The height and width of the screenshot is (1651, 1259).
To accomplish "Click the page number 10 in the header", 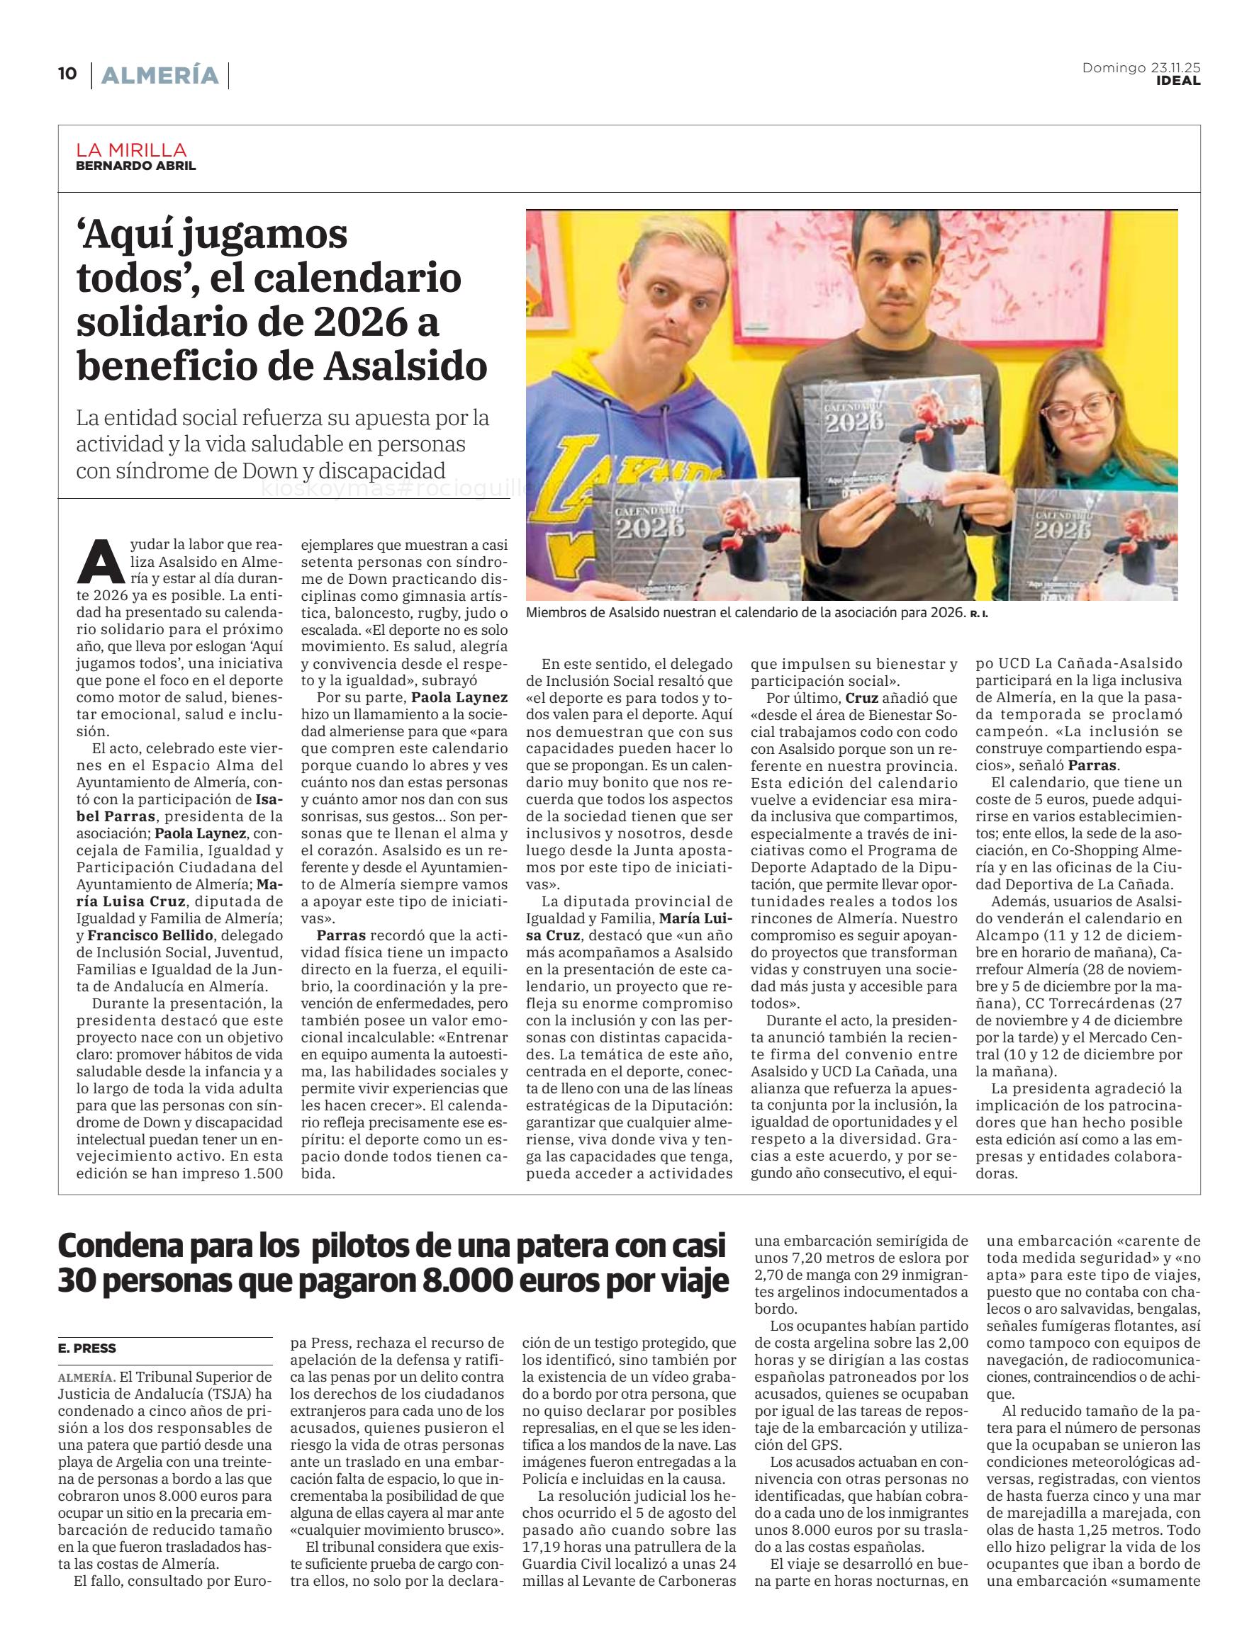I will (x=67, y=74).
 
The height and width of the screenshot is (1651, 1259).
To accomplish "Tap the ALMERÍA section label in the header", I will (x=160, y=75).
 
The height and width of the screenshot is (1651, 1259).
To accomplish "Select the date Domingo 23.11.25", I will (x=1141, y=68).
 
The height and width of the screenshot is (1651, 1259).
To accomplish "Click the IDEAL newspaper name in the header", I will (x=1177, y=81).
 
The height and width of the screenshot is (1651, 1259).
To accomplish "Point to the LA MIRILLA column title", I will (x=131, y=150).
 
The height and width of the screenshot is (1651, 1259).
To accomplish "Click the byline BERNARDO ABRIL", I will (x=135, y=166).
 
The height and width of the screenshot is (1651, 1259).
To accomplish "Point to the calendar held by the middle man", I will (x=892, y=442).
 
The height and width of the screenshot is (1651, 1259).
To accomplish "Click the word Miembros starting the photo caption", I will (x=559, y=613).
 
